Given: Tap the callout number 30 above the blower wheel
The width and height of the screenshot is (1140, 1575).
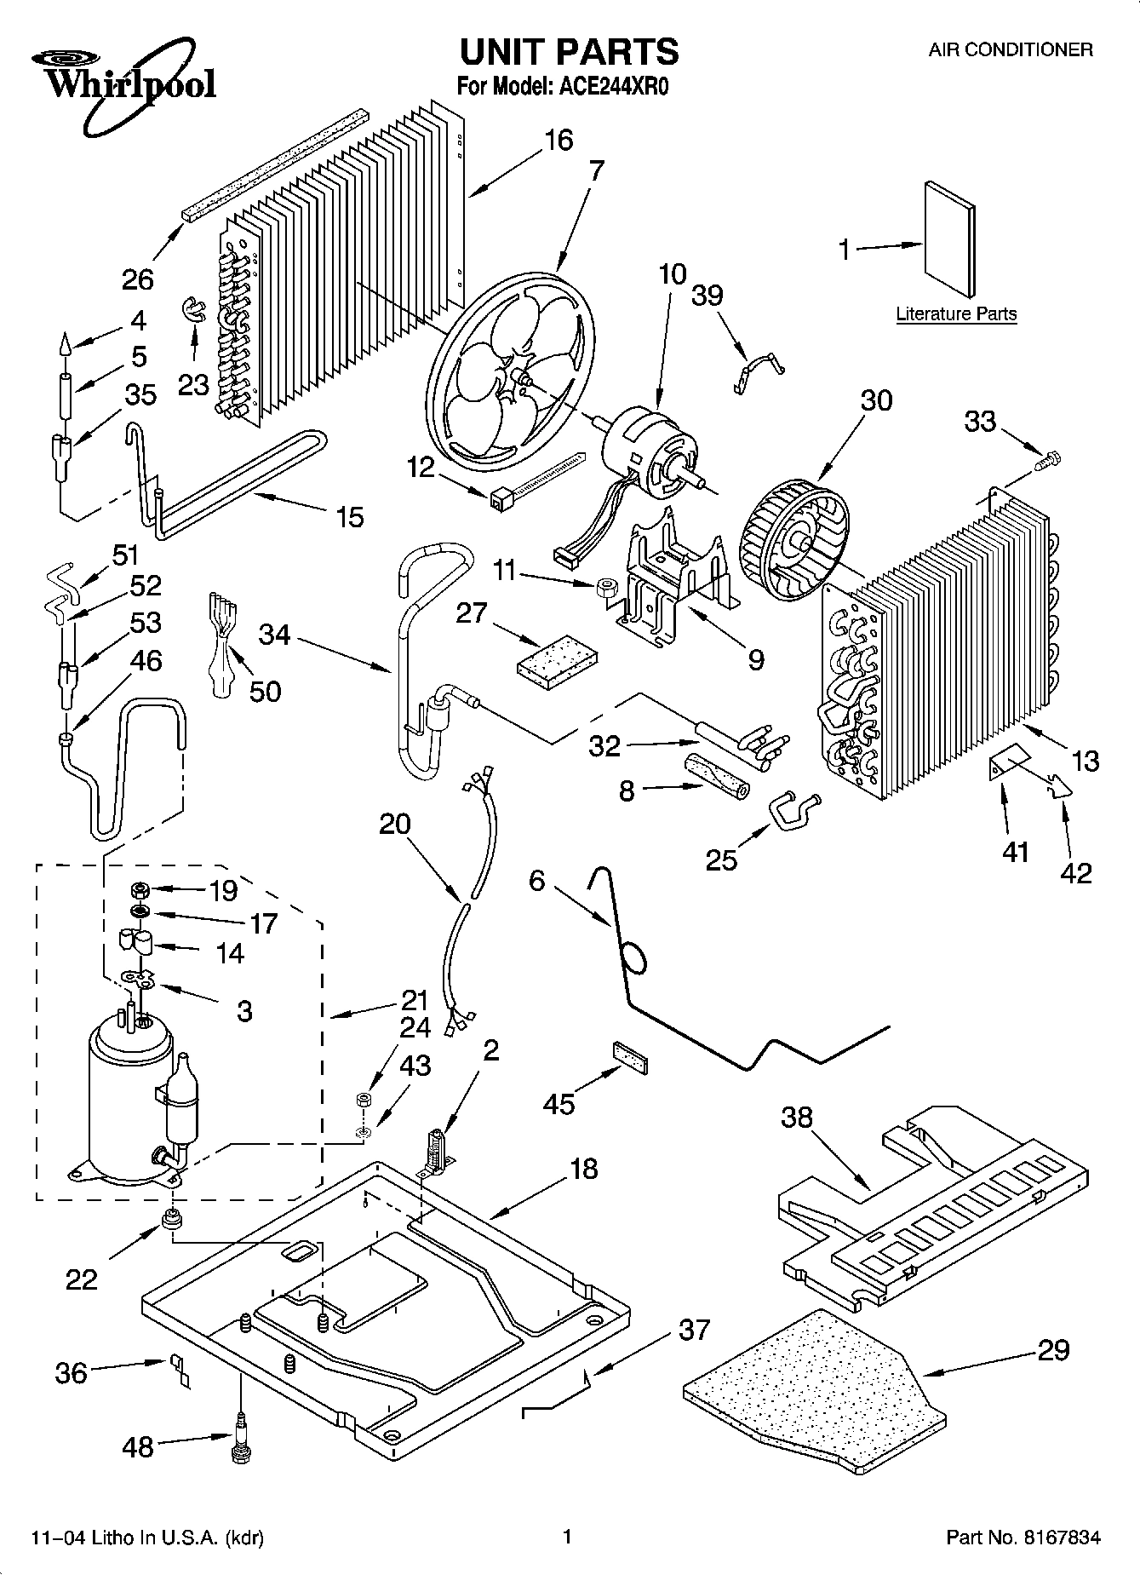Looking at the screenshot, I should tap(875, 400).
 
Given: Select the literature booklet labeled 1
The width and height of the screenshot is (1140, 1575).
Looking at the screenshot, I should tap(951, 239).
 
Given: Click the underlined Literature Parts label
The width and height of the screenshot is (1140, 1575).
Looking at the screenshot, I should tap(956, 314).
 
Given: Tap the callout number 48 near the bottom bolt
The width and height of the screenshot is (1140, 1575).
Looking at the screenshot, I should tap(138, 1446).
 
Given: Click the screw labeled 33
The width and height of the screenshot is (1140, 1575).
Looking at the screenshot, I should tap(1045, 461).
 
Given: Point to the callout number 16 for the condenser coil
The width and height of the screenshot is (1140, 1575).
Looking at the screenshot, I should tap(559, 140).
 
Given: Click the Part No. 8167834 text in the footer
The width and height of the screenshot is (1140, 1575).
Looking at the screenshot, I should tap(1023, 1538).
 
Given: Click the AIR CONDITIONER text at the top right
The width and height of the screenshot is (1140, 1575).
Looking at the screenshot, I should tap(1010, 49).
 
